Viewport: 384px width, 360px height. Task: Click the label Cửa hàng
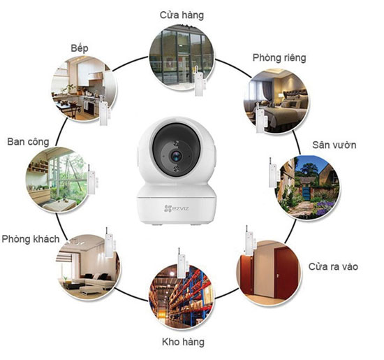pos(182,15)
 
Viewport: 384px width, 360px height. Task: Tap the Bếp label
pos(80,48)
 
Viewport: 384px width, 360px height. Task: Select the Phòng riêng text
pos(279,58)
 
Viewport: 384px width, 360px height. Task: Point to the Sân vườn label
pos(334,145)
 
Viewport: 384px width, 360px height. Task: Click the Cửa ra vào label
pos(333,266)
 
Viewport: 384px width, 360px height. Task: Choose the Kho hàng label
pos(183,342)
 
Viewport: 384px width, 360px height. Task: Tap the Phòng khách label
pos(31,239)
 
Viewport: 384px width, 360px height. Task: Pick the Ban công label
pos(28,142)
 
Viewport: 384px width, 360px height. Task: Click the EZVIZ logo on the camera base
pos(177,209)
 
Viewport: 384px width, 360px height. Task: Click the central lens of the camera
pos(176,156)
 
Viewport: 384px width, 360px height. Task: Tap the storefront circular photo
pos(182,57)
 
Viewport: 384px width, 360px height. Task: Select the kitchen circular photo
pos(84,89)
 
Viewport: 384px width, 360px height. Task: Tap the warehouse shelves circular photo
pos(182,296)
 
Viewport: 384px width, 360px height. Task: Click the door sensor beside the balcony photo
pos(92,180)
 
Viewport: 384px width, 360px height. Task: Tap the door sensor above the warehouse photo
pos(182,263)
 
